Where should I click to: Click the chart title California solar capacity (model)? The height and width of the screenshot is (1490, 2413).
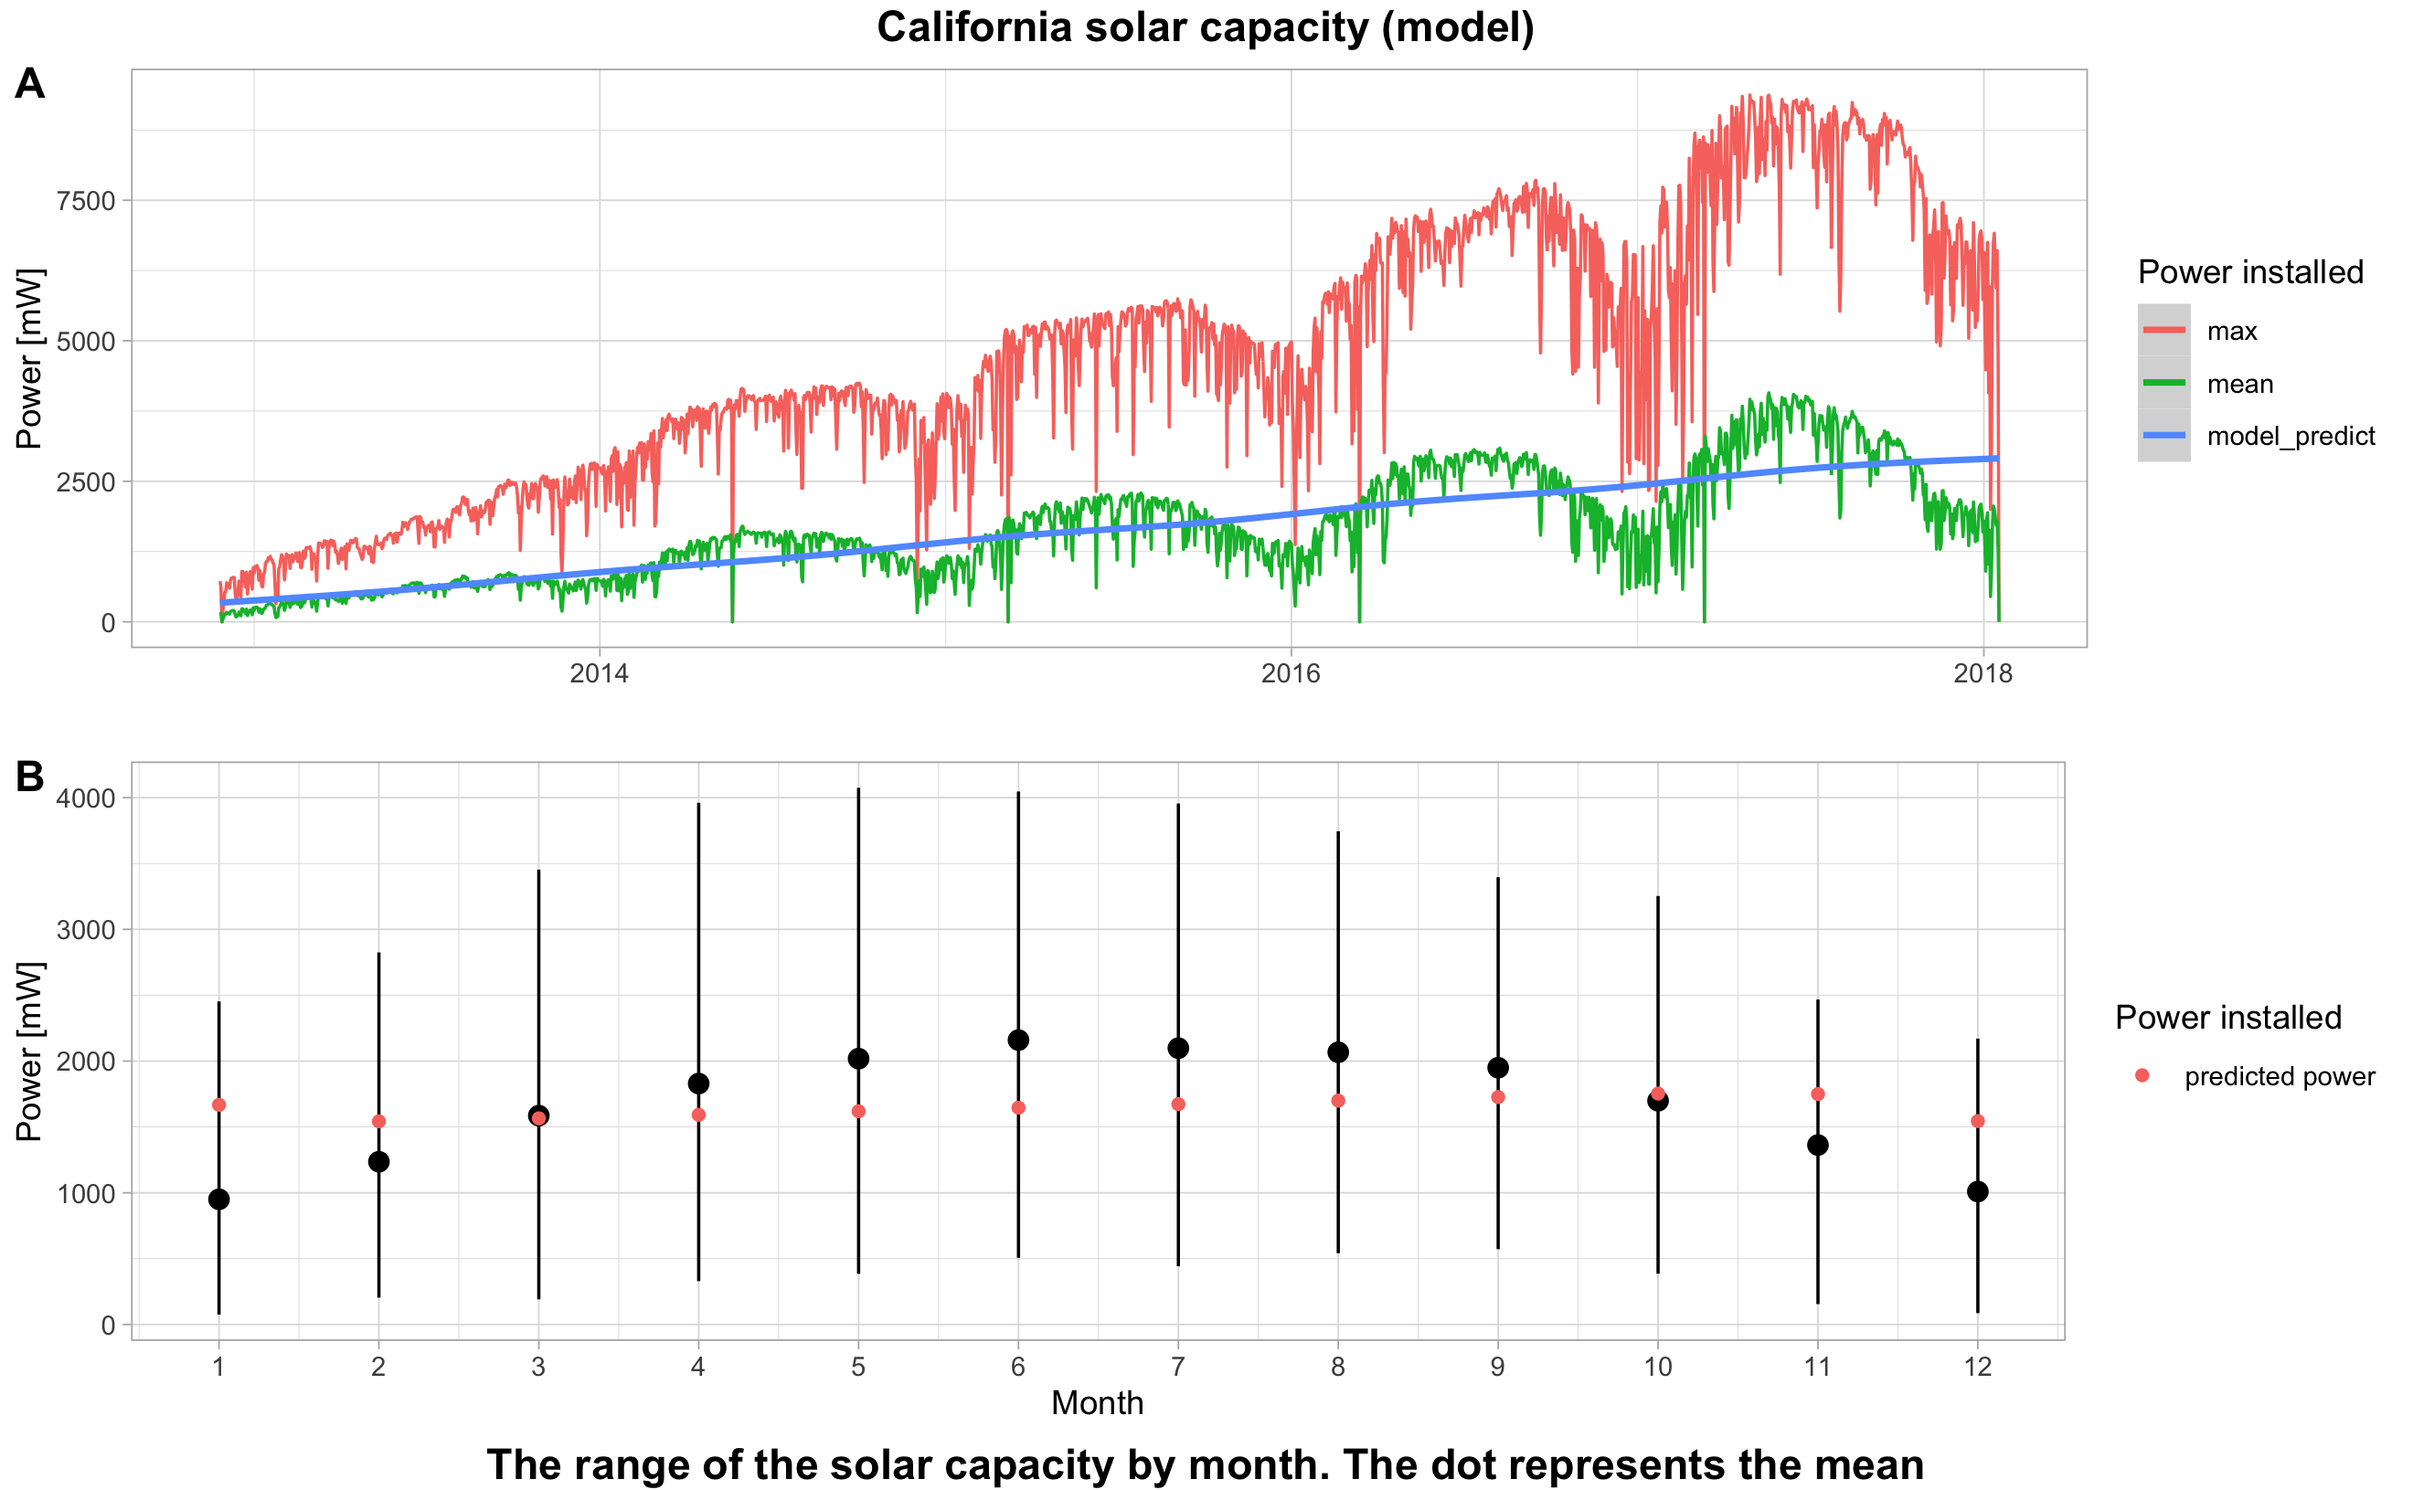(1205, 27)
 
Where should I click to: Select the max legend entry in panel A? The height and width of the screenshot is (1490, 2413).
(2232, 331)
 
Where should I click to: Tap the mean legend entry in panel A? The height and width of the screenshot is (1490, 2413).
(2239, 385)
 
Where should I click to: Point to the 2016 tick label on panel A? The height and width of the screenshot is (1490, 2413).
(1291, 674)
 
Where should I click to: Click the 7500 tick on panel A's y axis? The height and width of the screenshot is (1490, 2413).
(86, 201)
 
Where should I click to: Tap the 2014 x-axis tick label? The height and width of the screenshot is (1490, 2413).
(600, 674)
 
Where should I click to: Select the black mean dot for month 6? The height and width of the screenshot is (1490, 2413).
(1018, 1040)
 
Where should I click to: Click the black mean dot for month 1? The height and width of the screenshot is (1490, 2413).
(218, 1199)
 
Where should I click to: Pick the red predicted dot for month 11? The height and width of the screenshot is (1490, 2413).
(1818, 1094)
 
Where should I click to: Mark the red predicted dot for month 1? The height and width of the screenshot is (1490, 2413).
(218, 1104)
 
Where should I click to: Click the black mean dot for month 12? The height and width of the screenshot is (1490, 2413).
(1977, 1191)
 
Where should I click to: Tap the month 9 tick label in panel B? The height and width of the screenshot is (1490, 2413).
(1497, 1367)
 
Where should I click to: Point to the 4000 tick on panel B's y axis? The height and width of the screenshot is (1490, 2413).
(86, 798)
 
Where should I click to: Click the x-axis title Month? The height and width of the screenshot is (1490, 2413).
(1097, 1402)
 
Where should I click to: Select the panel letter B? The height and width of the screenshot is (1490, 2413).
(29, 777)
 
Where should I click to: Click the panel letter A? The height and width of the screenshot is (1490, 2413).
(29, 84)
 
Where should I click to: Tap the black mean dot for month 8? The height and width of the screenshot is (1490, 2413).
(1337, 1052)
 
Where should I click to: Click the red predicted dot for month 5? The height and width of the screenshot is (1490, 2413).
(858, 1112)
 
